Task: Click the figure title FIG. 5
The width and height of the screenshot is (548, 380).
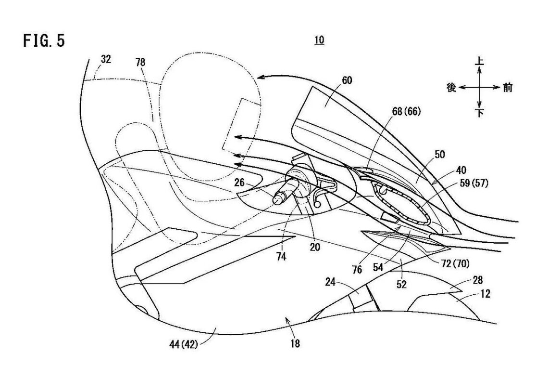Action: click(44, 41)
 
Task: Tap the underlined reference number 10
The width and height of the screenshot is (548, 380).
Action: click(319, 40)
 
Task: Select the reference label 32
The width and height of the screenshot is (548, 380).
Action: click(106, 59)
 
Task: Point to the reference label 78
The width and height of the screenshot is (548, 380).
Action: click(140, 62)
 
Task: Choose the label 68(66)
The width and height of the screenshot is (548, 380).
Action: click(405, 112)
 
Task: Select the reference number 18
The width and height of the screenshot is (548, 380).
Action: click(295, 343)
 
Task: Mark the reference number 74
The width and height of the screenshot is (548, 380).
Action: click(281, 257)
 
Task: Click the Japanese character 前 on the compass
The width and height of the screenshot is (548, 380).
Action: click(508, 88)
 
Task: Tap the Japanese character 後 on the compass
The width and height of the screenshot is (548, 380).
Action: click(451, 88)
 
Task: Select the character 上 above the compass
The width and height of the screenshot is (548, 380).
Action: click(479, 62)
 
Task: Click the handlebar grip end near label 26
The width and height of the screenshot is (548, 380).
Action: click(278, 198)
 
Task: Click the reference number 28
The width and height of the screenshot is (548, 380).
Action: click(478, 280)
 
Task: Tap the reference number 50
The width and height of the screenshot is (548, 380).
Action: click(439, 155)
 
